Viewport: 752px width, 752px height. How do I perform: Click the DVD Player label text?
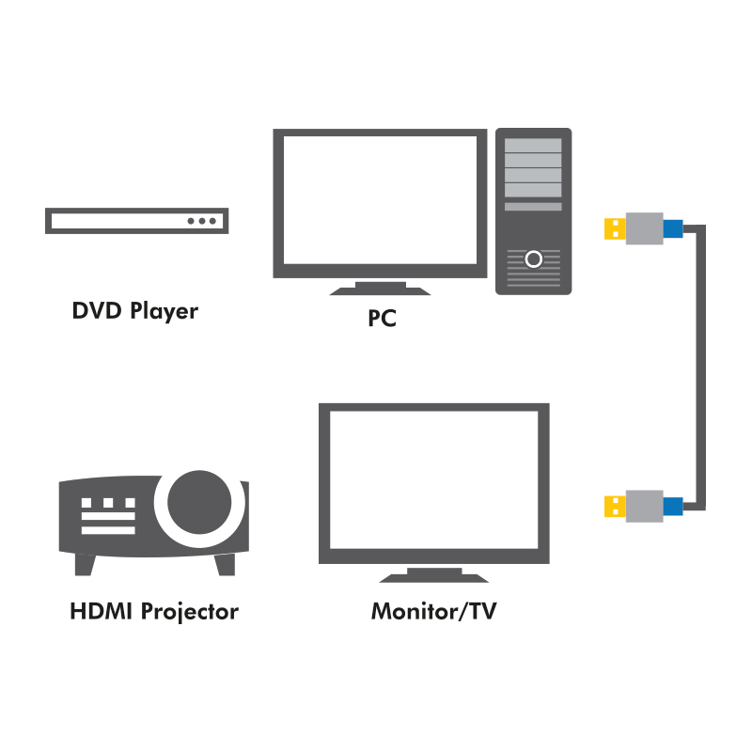[135, 310]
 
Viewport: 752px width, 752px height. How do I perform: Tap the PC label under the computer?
[382, 319]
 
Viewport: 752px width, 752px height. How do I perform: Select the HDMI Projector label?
[154, 612]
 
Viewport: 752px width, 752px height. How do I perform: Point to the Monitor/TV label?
[434, 612]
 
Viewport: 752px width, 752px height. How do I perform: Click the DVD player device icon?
[137, 221]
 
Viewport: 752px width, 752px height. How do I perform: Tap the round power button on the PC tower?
[534, 258]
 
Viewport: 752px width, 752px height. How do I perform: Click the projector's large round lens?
[199, 500]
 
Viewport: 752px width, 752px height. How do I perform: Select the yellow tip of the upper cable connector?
[614, 228]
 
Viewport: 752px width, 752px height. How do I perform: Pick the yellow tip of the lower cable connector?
[614, 506]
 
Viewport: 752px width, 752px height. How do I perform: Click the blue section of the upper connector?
[673, 228]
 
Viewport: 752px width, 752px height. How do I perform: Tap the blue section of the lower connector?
[673, 506]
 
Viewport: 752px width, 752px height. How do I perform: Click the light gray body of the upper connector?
[644, 228]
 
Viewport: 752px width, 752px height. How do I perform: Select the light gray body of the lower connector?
[644, 506]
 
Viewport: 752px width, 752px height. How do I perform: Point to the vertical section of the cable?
[701, 367]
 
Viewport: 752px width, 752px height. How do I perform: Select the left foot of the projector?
[86, 564]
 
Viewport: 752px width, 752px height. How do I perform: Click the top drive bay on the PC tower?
[534, 146]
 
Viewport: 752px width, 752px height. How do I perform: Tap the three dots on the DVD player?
[202, 221]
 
